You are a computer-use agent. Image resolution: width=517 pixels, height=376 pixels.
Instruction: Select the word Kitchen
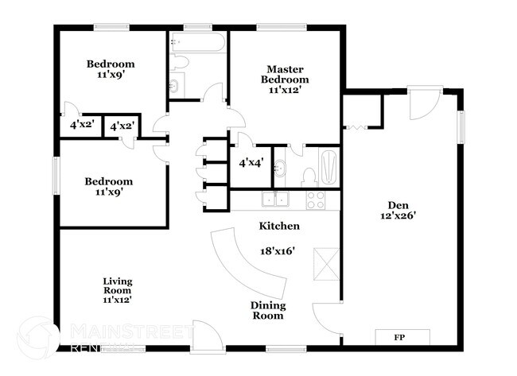pyautogui.click(x=279, y=226)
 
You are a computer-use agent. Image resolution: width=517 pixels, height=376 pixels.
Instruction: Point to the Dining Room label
pyautogui.click(x=268, y=310)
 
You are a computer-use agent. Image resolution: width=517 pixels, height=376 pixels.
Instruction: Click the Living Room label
pyautogui.click(x=117, y=290)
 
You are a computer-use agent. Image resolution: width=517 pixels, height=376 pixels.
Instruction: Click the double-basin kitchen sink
pyautogui.click(x=276, y=199)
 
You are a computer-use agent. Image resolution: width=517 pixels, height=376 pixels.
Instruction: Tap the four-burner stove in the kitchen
pyautogui.click(x=317, y=199)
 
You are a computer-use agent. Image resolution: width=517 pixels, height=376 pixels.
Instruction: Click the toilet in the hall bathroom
pyautogui.click(x=178, y=62)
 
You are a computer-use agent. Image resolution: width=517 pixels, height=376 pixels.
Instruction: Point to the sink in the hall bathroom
pyautogui.click(x=175, y=84)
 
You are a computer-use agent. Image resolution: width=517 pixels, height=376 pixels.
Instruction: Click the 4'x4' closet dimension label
pyautogui.click(x=252, y=165)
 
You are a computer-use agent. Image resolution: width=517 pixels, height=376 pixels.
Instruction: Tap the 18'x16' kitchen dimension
pyautogui.click(x=278, y=250)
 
